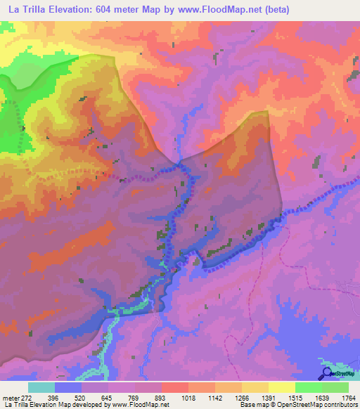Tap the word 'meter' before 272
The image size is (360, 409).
click(x=11, y=397)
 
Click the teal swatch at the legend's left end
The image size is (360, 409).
click(x=41, y=387)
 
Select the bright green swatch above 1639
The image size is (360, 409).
click(x=309, y=387)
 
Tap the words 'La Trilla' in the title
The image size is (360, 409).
click(x=25, y=9)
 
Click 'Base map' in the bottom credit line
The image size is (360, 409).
click(x=251, y=405)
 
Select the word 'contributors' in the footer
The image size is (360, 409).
click(x=339, y=405)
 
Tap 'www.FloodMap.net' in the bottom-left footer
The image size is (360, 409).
click(x=132, y=405)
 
